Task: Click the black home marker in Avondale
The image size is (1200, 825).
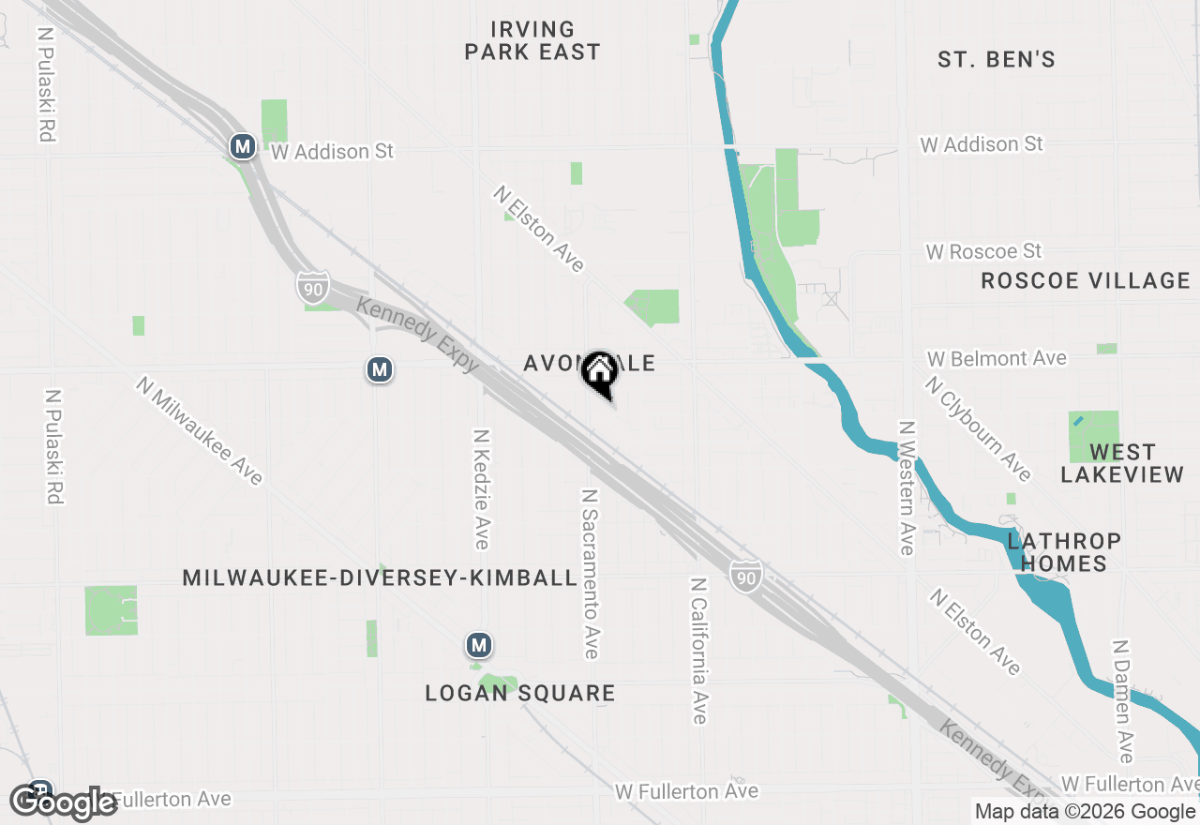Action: [599, 372]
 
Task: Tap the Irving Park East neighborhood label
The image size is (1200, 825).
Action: [532, 41]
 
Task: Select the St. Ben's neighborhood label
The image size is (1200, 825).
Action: [997, 60]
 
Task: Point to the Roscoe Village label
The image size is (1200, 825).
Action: [1086, 280]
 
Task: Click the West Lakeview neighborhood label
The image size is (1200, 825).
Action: [1122, 464]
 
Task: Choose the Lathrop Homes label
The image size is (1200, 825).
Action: [1064, 552]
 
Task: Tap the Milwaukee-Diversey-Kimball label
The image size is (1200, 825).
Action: [380, 577]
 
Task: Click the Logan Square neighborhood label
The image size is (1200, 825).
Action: [520, 694]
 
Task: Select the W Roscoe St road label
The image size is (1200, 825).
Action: [983, 252]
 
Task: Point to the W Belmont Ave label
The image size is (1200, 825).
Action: [997, 359]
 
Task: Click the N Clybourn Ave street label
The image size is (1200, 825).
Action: [978, 428]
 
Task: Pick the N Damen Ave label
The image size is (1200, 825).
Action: [1123, 701]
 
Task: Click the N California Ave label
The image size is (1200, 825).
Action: [698, 650]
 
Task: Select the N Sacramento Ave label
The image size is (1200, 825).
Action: [591, 573]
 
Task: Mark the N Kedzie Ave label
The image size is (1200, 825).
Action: [482, 489]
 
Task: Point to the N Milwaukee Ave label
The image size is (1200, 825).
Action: [199, 430]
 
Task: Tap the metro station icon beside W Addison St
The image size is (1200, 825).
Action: [243, 146]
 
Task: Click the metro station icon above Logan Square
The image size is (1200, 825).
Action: [479, 645]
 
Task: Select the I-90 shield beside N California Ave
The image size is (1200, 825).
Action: [745, 576]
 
